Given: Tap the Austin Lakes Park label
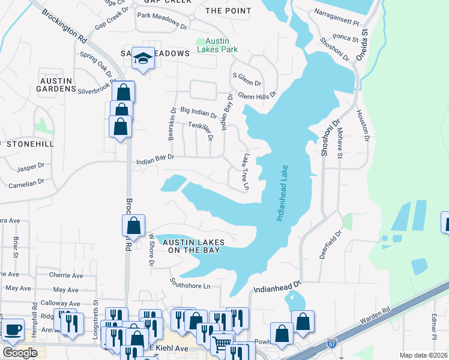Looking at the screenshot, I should (x=218, y=45).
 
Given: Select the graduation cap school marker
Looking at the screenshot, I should (x=143, y=58).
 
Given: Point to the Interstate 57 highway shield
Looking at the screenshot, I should (x=332, y=344).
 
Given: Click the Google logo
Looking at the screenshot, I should (x=20, y=353).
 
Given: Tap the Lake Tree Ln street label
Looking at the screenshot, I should (x=245, y=173).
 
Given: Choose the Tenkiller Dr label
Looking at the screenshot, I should (x=202, y=128).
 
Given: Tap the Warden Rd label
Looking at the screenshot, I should (x=375, y=316).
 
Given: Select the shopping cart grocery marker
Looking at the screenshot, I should (x=222, y=344).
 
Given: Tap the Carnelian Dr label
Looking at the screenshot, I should (x=25, y=181).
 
